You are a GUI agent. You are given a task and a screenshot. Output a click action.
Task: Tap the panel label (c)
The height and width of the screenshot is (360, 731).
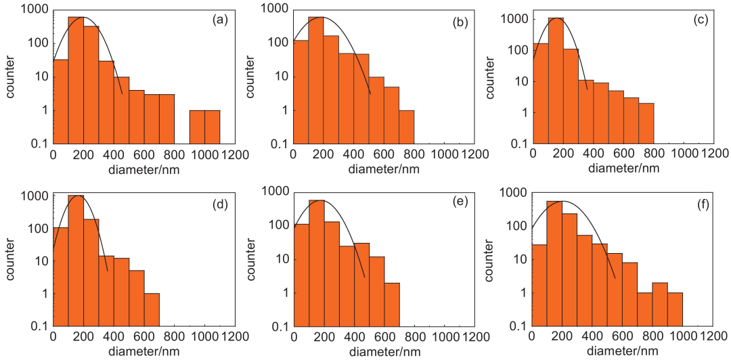tap(701, 20)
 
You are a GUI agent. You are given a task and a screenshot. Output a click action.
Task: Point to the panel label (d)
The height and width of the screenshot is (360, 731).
tap(220, 204)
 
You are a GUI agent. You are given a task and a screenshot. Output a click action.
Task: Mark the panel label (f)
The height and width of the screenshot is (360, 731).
tap(701, 204)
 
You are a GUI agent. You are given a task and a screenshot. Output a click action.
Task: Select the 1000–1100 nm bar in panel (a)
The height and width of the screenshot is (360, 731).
tap(213, 127)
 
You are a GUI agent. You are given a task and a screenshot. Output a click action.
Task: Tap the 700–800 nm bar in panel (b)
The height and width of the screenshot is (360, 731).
tap(406, 127)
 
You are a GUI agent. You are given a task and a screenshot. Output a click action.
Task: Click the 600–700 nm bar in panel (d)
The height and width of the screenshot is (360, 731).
tap(152, 310)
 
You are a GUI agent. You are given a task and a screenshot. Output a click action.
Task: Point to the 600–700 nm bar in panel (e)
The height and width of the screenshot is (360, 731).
tap(392, 305)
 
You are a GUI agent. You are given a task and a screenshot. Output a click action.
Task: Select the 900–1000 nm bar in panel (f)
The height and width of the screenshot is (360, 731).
tap(675, 309)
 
